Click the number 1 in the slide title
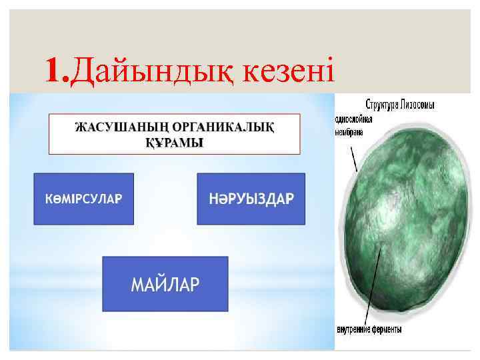[x=55, y=68]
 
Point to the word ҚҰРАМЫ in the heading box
[x=175, y=143]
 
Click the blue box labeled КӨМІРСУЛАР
[x=83, y=199]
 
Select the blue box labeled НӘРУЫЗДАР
[x=251, y=199]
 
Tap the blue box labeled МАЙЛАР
[x=165, y=284]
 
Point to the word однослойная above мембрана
[x=353, y=119]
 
